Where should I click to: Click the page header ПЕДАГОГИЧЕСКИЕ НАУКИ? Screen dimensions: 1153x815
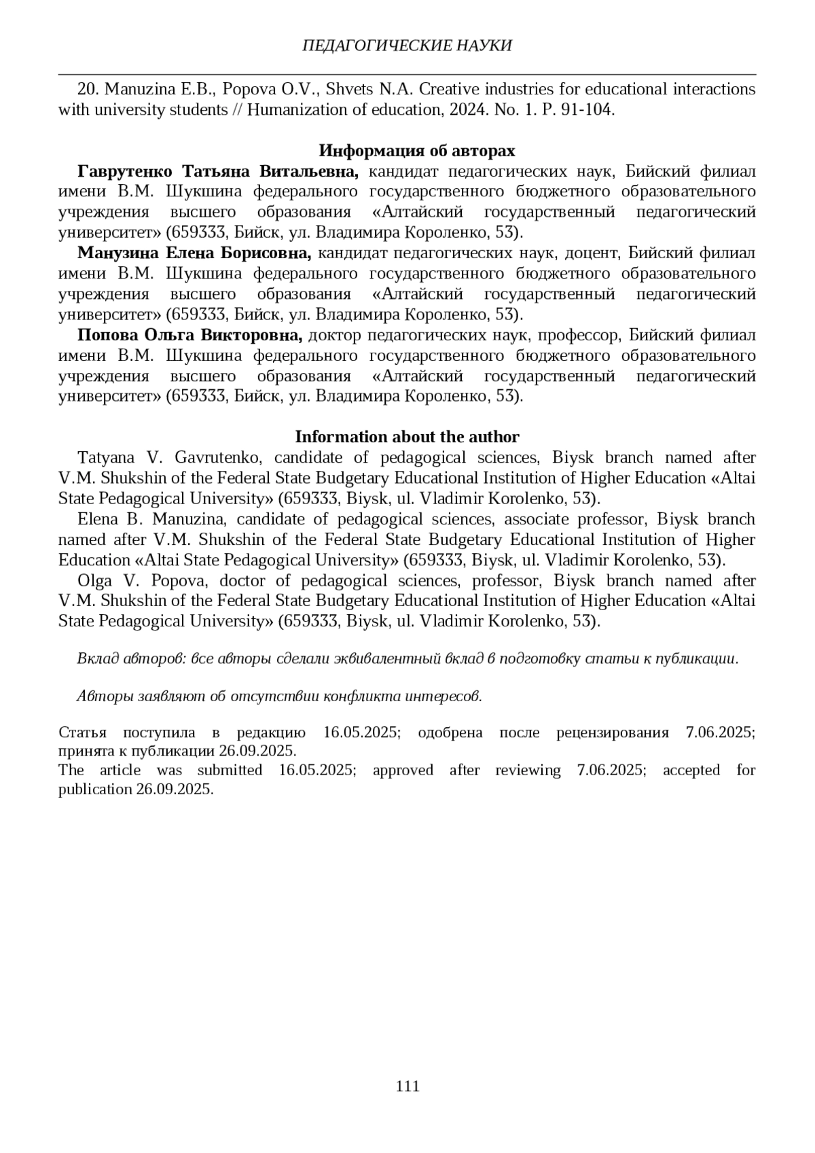[x=407, y=46]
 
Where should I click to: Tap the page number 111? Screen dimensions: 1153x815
[x=407, y=1086]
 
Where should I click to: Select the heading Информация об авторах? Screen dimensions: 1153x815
[x=417, y=150]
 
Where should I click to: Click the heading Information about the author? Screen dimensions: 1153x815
[x=407, y=437]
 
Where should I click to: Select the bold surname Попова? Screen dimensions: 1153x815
[x=107, y=335]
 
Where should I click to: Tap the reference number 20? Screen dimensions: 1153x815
[x=88, y=90]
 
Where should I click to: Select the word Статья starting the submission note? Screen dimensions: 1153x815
[x=82, y=732]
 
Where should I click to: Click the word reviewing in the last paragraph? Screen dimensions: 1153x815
[x=528, y=770]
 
